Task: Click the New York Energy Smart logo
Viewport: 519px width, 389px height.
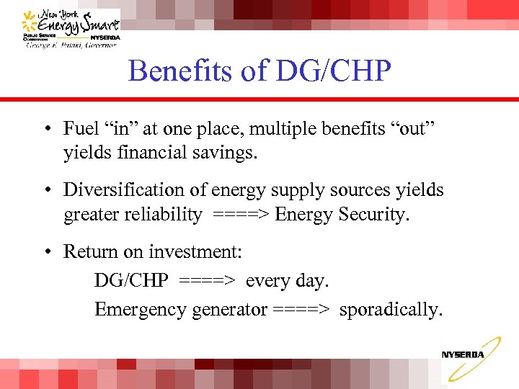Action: [x=70, y=27]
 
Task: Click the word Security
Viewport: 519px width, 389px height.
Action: [x=376, y=215]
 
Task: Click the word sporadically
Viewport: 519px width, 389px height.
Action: [x=390, y=310]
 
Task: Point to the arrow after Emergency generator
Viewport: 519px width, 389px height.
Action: [x=301, y=310]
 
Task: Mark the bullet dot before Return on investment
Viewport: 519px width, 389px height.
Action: [x=45, y=253]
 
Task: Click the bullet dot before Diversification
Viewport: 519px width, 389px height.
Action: [x=45, y=191]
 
